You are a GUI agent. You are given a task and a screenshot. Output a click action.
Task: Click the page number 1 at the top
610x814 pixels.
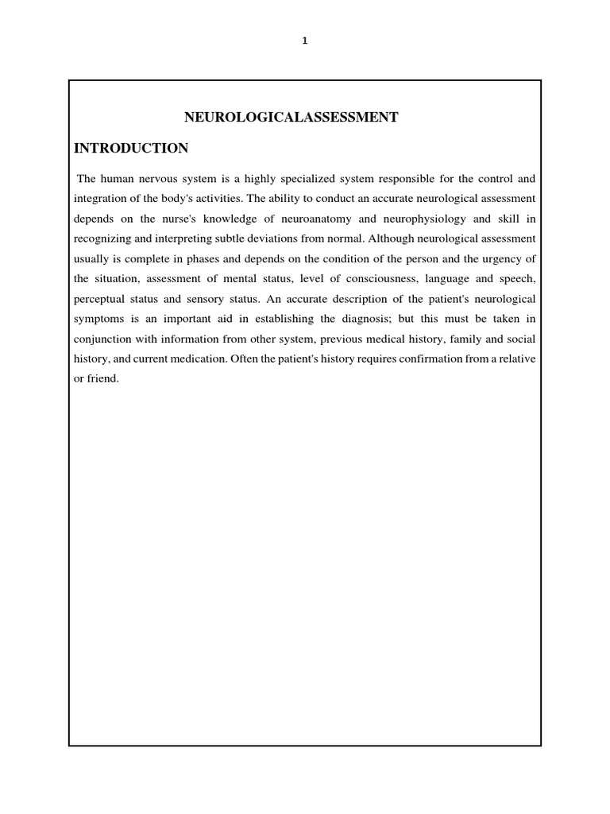tap(305, 42)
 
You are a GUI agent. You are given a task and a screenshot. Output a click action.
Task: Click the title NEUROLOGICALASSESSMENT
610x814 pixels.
tap(291, 118)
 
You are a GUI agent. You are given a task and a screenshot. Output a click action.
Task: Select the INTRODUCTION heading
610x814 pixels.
tap(131, 148)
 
